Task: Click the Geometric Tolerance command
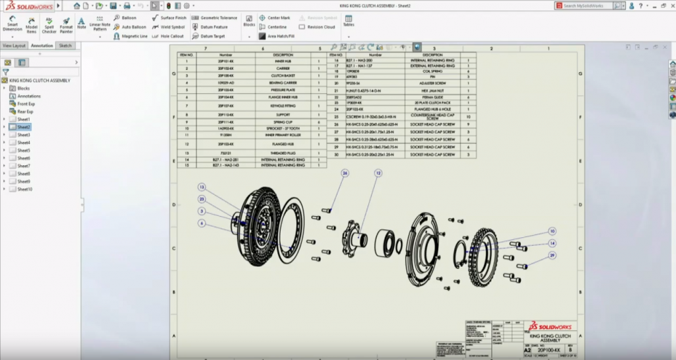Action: click(215, 18)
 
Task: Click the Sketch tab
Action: click(65, 46)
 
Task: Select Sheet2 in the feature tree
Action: click(24, 127)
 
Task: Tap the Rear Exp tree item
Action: click(26, 111)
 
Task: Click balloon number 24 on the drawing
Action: click(345, 173)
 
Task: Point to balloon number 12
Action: click(378, 173)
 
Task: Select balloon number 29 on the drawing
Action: click(552, 255)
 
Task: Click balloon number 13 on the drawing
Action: click(202, 187)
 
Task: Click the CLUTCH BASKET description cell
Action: click(283, 76)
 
